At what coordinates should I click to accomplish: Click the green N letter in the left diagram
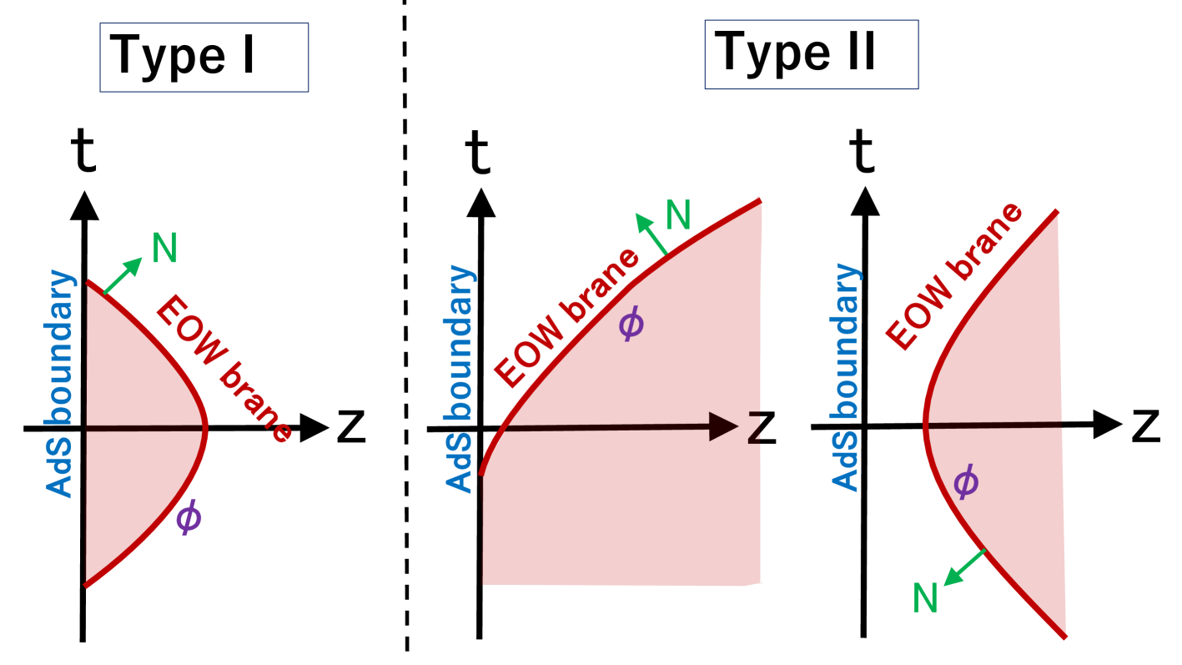click(x=165, y=249)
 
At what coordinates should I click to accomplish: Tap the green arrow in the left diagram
click(x=123, y=275)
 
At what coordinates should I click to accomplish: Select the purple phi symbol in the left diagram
click(x=189, y=517)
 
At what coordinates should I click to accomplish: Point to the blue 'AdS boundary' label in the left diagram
click(x=60, y=384)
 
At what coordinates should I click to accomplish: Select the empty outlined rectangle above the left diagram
click(x=204, y=58)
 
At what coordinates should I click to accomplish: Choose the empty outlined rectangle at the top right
click(x=811, y=55)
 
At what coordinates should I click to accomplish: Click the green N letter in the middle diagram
click(x=678, y=216)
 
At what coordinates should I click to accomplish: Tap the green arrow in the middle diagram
click(x=651, y=233)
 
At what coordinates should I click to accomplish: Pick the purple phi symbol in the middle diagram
click(x=631, y=323)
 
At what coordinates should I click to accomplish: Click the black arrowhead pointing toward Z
click(x=722, y=426)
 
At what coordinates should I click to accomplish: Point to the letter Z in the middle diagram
click(x=754, y=428)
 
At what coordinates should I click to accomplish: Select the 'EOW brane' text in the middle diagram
click(x=566, y=318)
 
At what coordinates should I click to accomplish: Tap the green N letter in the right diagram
click(x=925, y=598)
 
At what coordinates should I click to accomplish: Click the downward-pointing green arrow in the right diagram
click(x=964, y=567)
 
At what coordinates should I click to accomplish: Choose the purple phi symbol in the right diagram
click(x=965, y=482)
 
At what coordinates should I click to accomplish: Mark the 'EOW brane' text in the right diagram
click(x=953, y=275)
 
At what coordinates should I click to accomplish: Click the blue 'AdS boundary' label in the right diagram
click(x=845, y=377)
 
